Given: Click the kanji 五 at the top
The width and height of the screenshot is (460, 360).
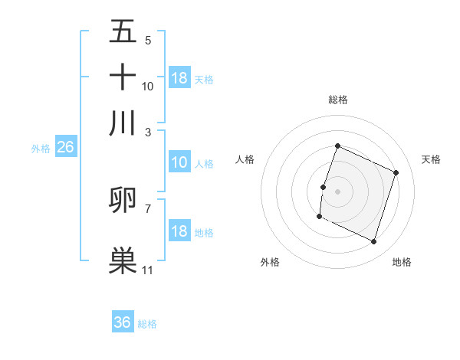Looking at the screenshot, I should coord(123,33).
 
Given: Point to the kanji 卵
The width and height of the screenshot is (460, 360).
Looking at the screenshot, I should coord(123,201).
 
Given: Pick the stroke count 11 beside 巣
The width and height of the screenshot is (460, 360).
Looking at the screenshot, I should coord(147,270).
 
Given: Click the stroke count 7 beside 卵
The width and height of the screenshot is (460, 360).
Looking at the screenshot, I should coord(147,208).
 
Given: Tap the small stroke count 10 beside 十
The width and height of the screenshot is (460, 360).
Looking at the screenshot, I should coord(147,86).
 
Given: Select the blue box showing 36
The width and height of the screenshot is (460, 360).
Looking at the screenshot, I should coord(123,322).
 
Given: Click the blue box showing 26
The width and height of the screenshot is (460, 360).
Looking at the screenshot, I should coord(65,148).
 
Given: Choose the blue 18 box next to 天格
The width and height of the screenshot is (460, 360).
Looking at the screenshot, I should coord(179,78).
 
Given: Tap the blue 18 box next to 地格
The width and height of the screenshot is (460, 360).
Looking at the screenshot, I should coord(179,232).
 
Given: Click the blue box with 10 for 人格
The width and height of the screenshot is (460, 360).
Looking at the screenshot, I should coord(179,162).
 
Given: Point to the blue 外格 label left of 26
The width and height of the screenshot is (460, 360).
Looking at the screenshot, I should coord(41,149).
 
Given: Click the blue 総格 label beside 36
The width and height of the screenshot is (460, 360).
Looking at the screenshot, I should coord(147,324).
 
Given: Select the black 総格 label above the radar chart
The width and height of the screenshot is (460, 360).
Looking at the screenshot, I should coord(337,100).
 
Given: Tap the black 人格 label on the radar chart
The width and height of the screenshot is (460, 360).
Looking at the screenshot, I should coord(245,159).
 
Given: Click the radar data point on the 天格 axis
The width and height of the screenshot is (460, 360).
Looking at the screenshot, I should coord(396,173).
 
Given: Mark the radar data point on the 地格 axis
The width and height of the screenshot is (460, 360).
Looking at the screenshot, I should coord(373,242).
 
